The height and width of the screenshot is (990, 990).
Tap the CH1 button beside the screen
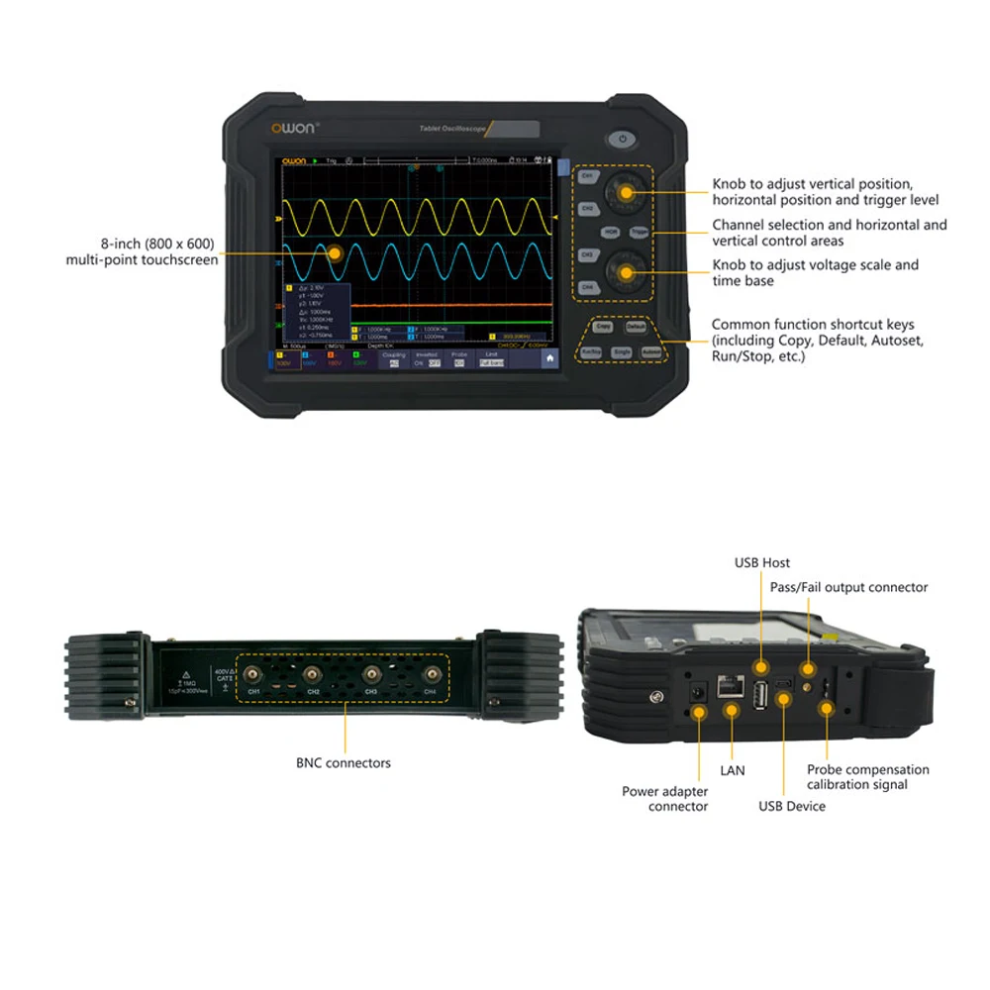(x=587, y=177)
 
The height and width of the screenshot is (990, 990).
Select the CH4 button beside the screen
(x=587, y=286)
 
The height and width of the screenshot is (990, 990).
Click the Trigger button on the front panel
(x=639, y=232)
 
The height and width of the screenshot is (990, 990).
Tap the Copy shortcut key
(x=603, y=326)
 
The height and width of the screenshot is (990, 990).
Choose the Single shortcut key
(x=622, y=351)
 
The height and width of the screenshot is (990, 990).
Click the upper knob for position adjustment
(x=626, y=191)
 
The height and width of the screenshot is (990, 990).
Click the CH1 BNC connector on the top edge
(x=254, y=674)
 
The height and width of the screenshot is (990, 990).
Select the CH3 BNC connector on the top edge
(x=372, y=674)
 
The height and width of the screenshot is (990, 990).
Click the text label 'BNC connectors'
(x=344, y=763)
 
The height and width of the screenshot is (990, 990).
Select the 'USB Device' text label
(x=792, y=806)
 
